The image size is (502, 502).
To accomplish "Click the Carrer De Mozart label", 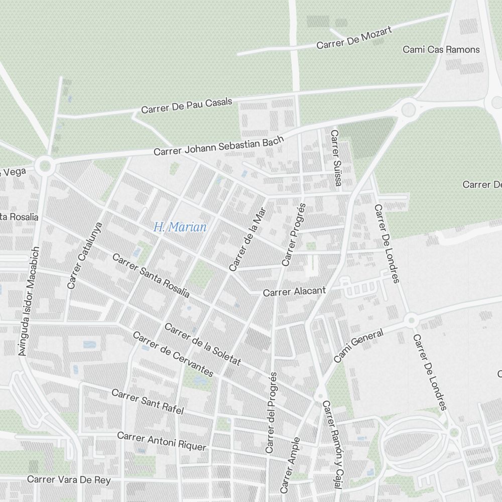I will pos(354,38).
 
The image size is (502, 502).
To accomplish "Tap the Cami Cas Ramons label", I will pos(441,50).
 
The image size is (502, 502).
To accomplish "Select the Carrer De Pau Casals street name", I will pos(187,105).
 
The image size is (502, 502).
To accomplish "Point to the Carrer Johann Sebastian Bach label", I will pos(219,146).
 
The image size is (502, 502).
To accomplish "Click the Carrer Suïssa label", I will pos(335,158).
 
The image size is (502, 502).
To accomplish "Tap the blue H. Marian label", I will pos(180,227).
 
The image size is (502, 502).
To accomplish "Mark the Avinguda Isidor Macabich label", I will pos(29,301).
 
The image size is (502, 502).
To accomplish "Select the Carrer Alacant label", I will pos(294,291).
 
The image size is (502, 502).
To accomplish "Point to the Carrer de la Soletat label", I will pos(203,344).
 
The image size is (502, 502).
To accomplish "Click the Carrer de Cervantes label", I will pos(173,354).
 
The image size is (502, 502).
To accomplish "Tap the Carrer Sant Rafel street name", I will pos(148,401).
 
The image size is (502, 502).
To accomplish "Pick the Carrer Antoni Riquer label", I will pos(162,441).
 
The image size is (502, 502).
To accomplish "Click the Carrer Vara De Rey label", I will pos(69,479).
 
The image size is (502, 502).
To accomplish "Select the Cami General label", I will pos(358,345).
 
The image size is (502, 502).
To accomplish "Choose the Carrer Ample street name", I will pos(290,465).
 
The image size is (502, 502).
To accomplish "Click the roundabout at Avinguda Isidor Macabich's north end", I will pos(45,164).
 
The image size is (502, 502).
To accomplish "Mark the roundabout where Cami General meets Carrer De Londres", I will pos(411,319).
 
